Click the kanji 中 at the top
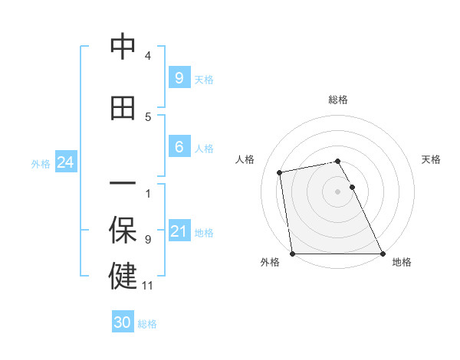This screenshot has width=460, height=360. [x=123, y=47]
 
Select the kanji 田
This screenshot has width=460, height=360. [x=123, y=108]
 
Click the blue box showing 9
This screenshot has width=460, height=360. [x=179, y=78]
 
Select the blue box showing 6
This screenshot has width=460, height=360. [x=179, y=147]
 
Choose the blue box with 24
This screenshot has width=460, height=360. [x=65, y=162]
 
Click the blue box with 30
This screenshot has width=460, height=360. [x=123, y=322]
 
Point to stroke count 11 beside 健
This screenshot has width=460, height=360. [x=148, y=286]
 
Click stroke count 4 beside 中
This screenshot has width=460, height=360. [x=148, y=56]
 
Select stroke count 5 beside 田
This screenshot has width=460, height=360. [x=148, y=117]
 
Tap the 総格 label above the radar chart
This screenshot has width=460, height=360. [x=337, y=100]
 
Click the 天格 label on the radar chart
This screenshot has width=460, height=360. [x=431, y=159]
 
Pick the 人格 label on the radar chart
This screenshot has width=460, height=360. [x=245, y=159]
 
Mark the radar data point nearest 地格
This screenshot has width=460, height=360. [x=382, y=254]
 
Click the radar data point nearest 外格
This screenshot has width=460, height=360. [x=293, y=254]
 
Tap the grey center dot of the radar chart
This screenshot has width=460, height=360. [x=337, y=191]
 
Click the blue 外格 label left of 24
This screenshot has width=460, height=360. [x=41, y=164]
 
